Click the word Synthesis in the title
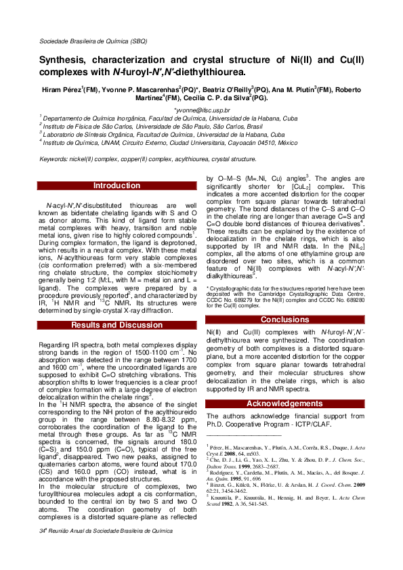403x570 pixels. click(66, 60)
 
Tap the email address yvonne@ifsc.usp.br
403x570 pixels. click(202, 109)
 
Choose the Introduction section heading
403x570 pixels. click(116, 185)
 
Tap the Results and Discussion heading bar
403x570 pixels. click(116, 326)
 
